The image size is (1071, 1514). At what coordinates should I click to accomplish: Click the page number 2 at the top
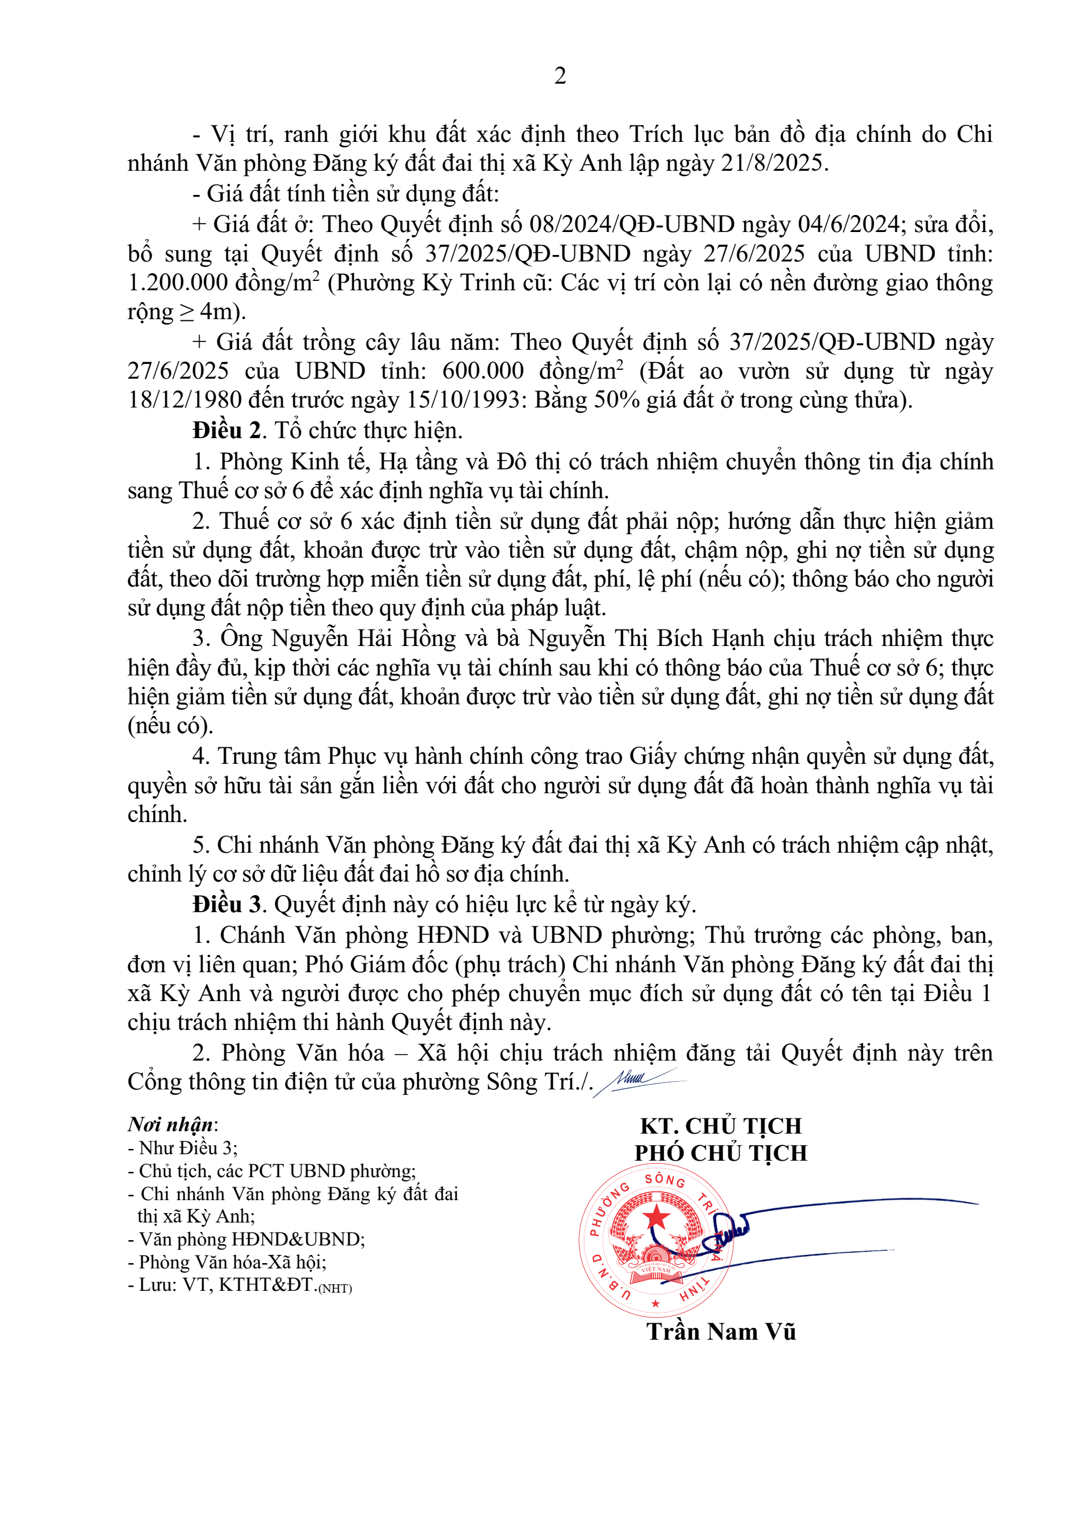[560, 77]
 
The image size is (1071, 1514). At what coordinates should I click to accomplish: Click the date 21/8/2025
[773, 163]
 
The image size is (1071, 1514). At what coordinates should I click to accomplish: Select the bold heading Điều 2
[227, 430]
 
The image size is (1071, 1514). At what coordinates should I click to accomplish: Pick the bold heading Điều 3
[227, 904]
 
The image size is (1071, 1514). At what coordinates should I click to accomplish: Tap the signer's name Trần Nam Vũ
[721, 1331]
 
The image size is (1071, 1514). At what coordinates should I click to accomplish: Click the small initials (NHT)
[335, 1288]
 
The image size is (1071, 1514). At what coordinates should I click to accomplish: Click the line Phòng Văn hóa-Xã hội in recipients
[232, 1262]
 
